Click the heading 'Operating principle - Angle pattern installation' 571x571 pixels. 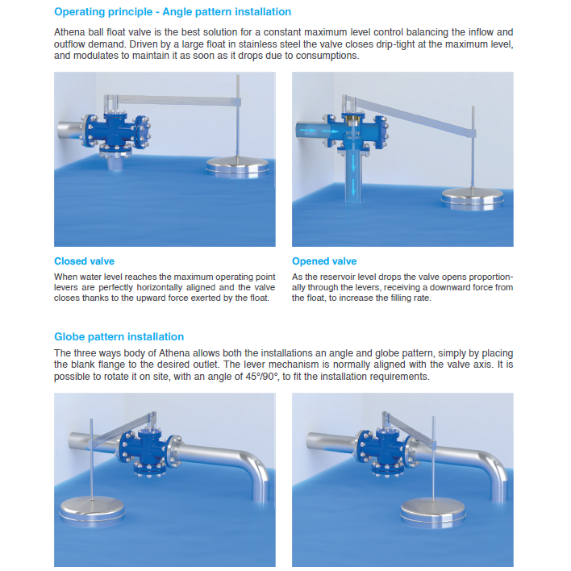tap(173, 12)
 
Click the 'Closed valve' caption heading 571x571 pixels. tap(84, 261)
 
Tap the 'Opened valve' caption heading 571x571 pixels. tap(324, 261)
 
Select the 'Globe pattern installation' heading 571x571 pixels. tap(119, 336)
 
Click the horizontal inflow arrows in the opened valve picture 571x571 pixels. tap(316, 129)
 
